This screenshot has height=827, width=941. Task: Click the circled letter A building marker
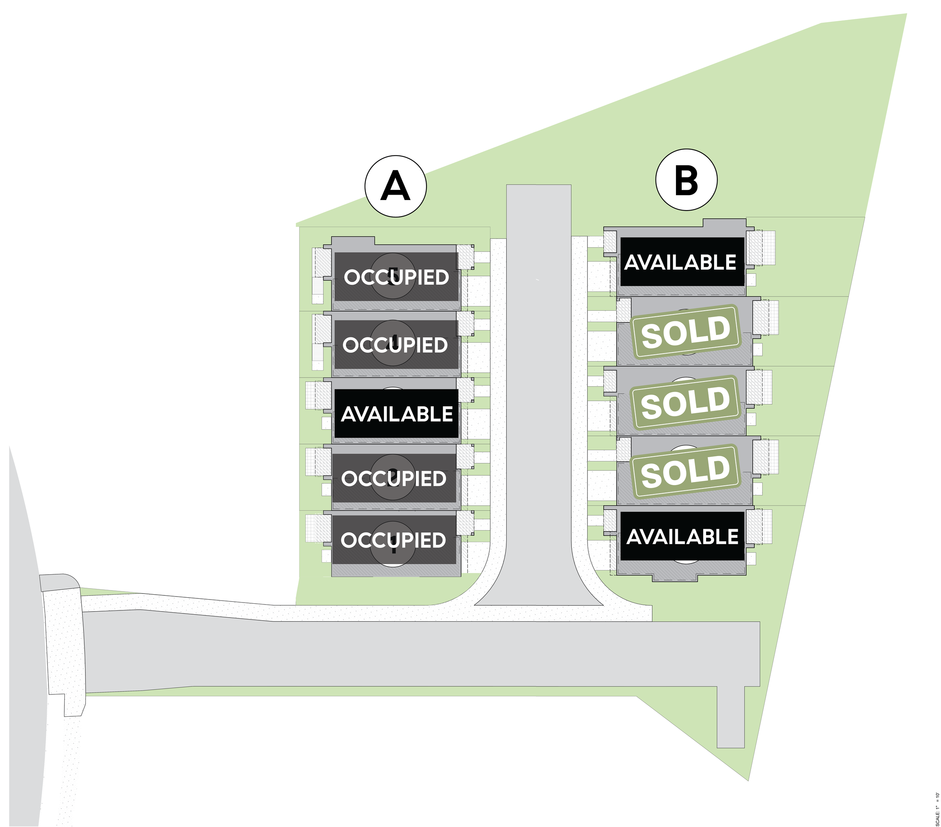pyautogui.click(x=396, y=186)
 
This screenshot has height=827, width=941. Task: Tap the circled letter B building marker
pyautogui.click(x=686, y=180)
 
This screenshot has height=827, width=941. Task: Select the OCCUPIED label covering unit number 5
pyautogui.click(x=396, y=277)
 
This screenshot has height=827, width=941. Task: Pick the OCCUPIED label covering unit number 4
pyautogui.click(x=395, y=345)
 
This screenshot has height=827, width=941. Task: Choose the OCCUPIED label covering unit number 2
pyautogui.click(x=394, y=478)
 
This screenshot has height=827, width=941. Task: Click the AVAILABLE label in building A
pyautogui.click(x=396, y=414)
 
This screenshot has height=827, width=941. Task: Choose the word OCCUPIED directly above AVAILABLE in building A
pyautogui.click(x=395, y=345)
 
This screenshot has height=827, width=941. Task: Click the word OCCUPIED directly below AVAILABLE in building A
pyautogui.click(x=394, y=478)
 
